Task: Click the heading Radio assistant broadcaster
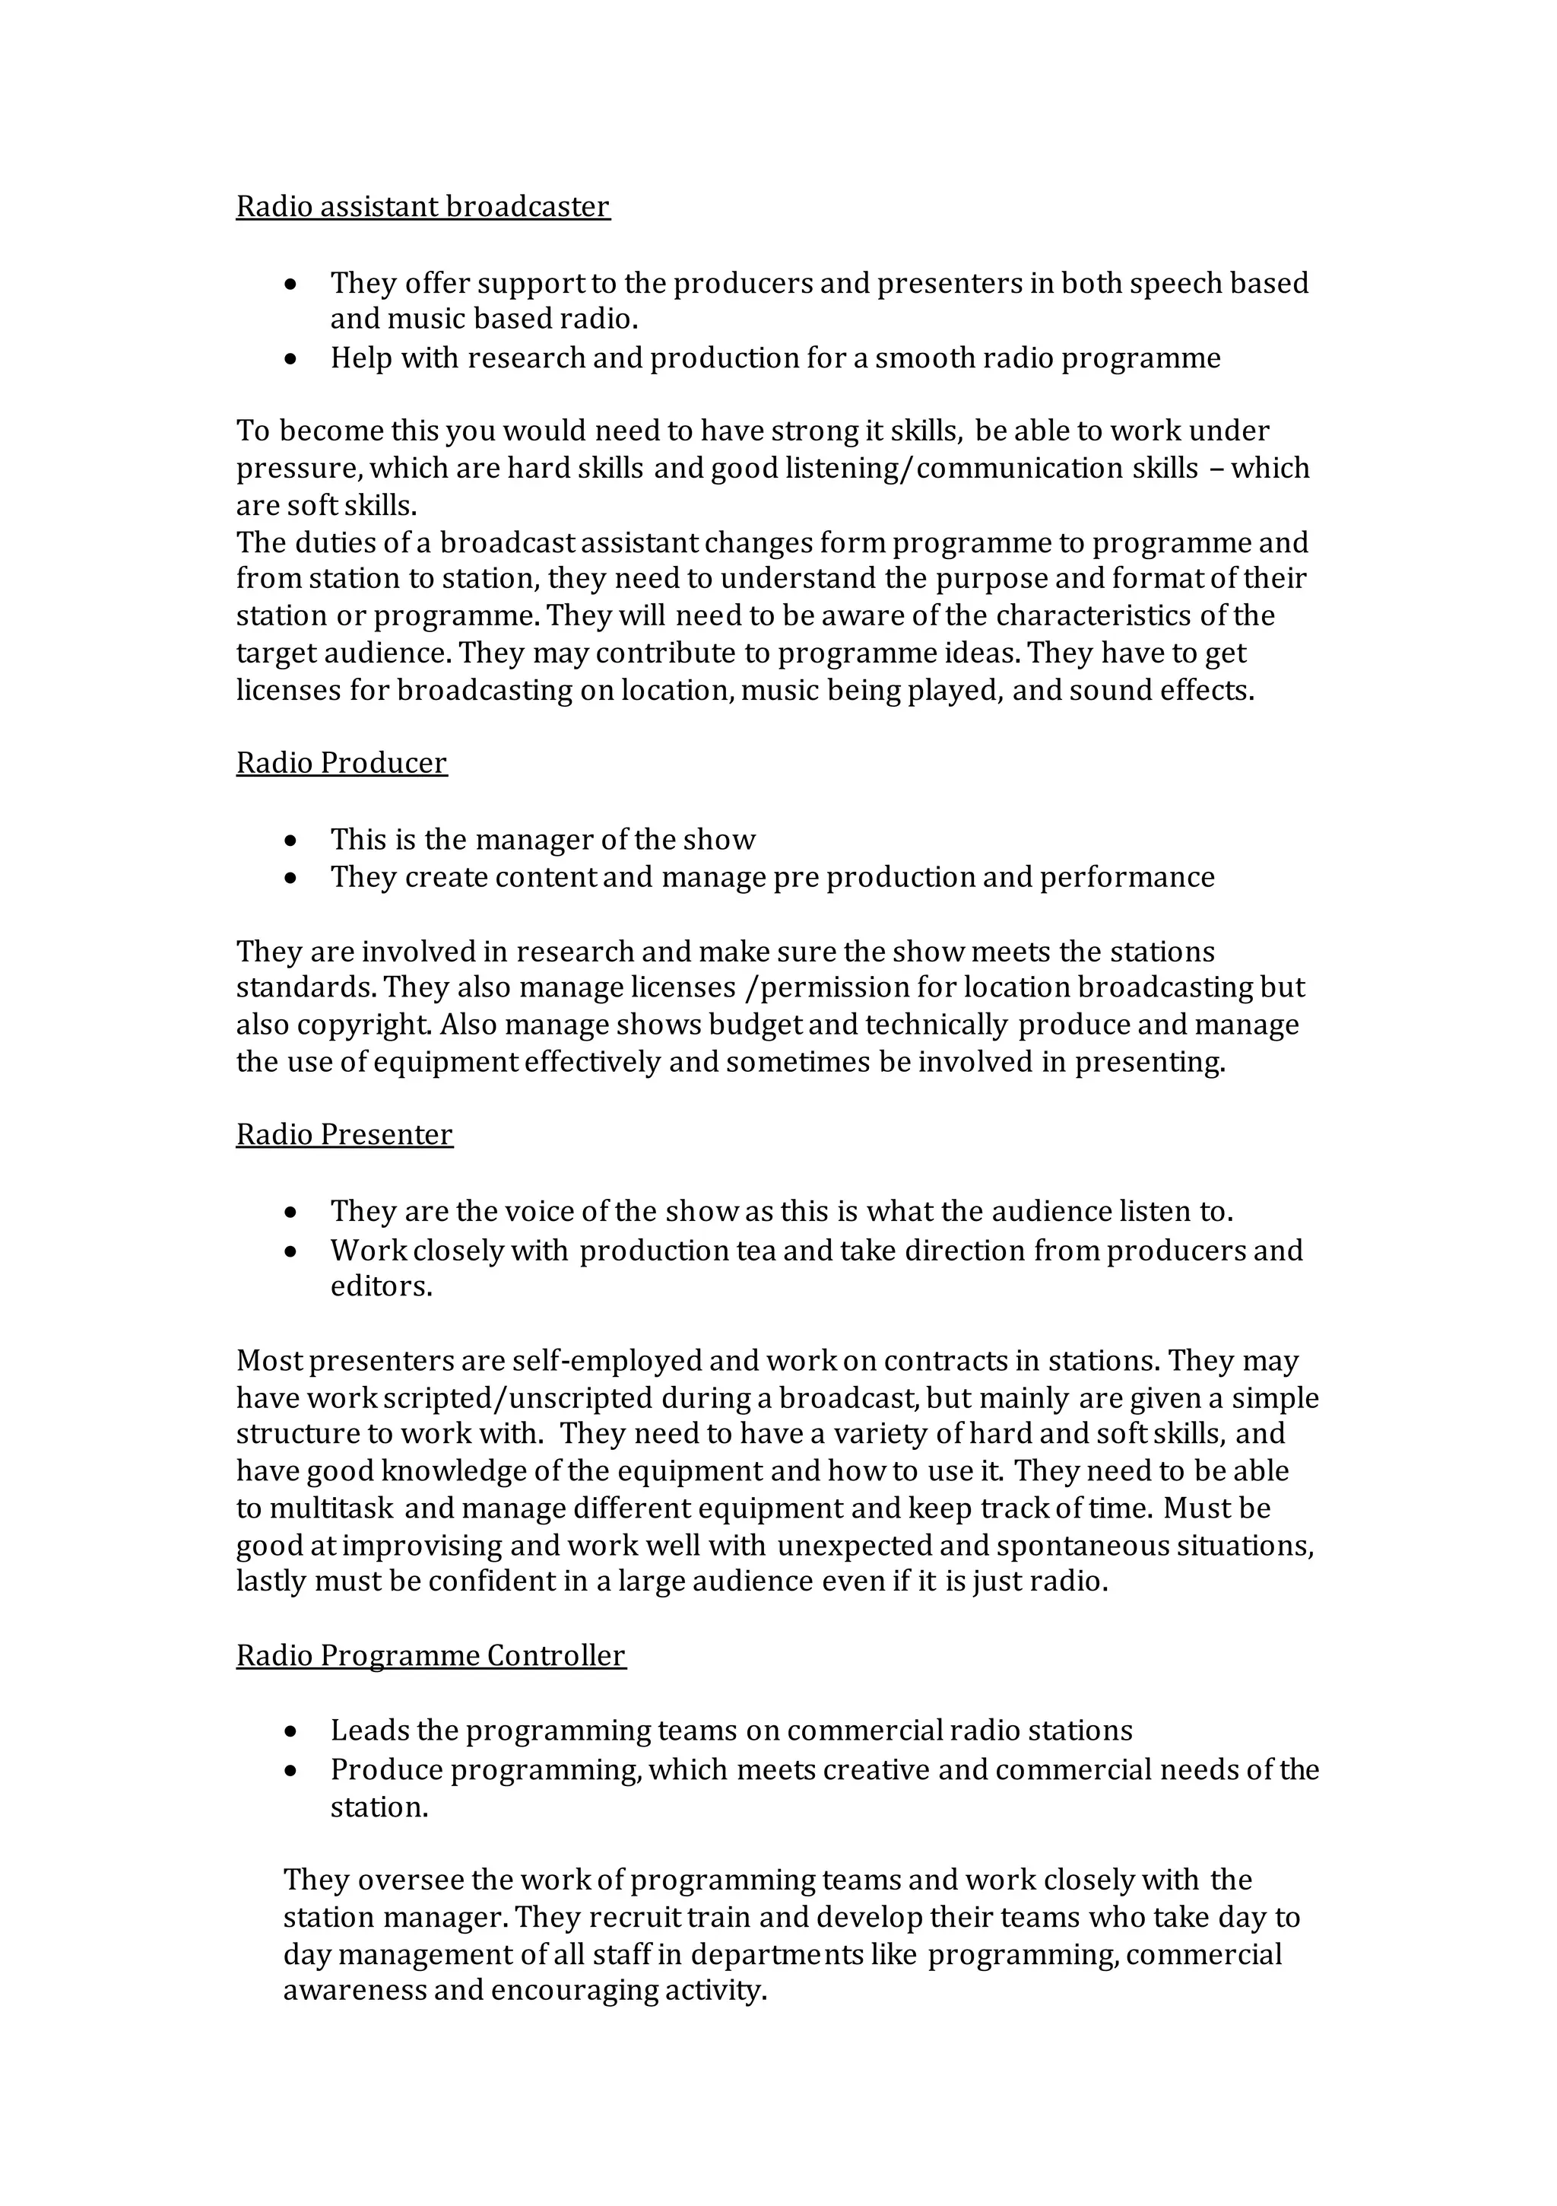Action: tap(423, 207)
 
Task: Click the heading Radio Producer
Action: tap(341, 762)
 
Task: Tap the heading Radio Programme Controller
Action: tap(430, 1654)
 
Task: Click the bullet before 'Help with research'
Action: tap(291, 359)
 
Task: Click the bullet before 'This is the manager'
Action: tap(291, 841)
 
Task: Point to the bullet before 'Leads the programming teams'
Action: tap(291, 1731)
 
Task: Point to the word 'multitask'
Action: tap(331, 1508)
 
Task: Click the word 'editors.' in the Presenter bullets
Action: tap(382, 1286)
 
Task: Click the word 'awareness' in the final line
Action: tap(354, 1991)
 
